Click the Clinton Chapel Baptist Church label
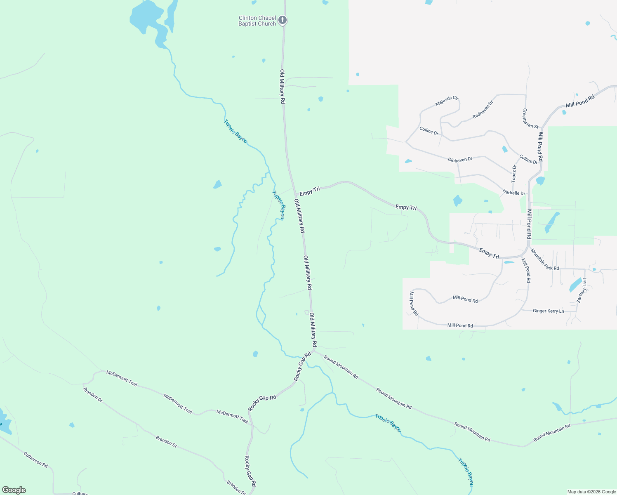pyautogui.click(x=257, y=21)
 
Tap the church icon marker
pyautogui.click(x=283, y=20)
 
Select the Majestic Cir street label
pyautogui.click(x=447, y=101)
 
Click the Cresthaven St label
pyautogui.click(x=530, y=118)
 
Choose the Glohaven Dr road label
pyautogui.click(x=460, y=159)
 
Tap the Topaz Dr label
pyautogui.click(x=514, y=174)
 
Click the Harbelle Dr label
pyautogui.click(x=513, y=193)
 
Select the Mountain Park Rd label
pyautogui.click(x=544, y=259)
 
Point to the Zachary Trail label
pyautogui.click(x=582, y=291)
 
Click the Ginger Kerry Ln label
pyautogui.click(x=548, y=311)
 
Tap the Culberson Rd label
pyautogui.click(x=35, y=460)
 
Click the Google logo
pyautogui.click(x=14, y=490)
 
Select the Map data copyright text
pyautogui.click(x=591, y=492)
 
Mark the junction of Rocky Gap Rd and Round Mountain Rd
pyautogui.click(x=314, y=352)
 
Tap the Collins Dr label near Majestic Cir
pyautogui.click(x=429, y=131)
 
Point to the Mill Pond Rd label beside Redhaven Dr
pyautogui.click(x=580, y=101)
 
